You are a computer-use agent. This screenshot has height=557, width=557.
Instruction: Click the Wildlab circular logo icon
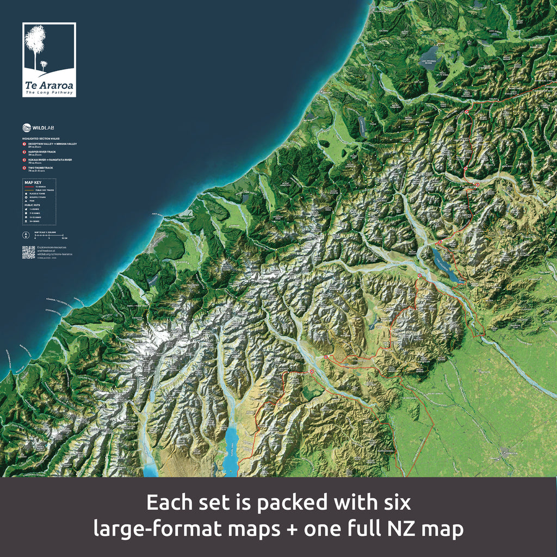pos(27,128)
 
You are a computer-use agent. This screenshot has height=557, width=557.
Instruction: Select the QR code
pos(28,252)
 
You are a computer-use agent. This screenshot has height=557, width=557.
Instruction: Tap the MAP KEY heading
pos(32,183)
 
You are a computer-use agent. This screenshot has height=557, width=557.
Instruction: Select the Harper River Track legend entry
pos(44,152)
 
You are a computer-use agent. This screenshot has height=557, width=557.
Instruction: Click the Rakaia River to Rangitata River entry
pos(49,160)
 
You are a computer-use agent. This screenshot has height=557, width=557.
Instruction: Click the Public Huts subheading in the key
pos(31,206)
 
